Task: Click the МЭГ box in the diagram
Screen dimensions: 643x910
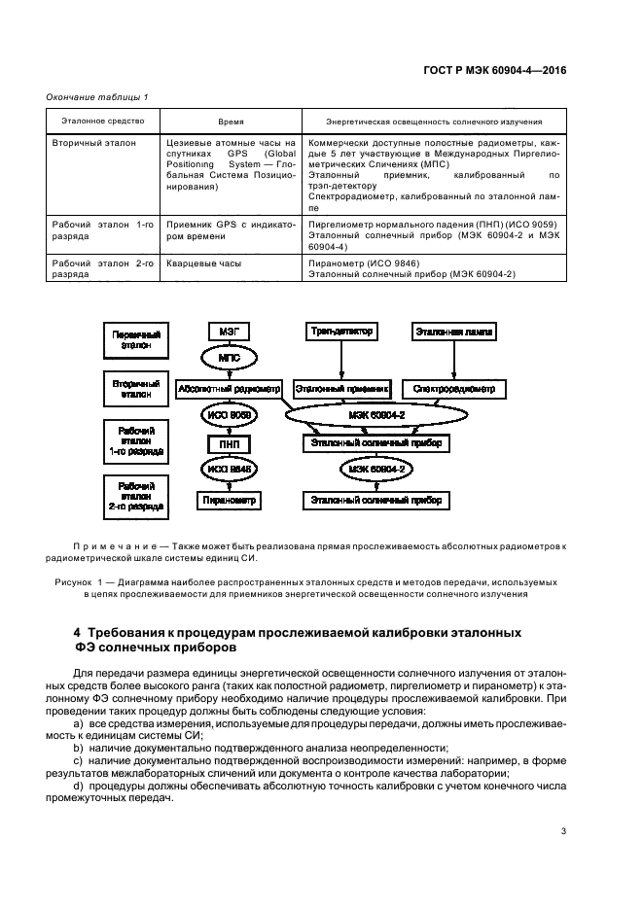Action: [230, 332]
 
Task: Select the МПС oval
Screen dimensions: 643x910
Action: [230, 358]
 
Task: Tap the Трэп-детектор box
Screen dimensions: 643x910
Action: [342, 332]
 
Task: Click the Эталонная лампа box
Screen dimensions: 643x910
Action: [454, 332]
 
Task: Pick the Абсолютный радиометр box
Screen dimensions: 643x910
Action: [230, 389]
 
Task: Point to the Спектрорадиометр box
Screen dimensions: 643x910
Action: [454, 389]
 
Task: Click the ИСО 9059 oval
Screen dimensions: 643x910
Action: [230, 415]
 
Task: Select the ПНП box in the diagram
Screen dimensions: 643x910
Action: [230, 444]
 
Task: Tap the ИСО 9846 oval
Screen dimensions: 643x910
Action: [230, 470]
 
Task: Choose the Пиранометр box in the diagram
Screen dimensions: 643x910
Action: [230, 500]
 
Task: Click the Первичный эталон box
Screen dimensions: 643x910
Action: [136, 340]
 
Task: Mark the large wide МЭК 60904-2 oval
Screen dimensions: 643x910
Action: [376, 415]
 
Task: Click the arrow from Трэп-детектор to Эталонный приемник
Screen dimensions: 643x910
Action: [342, 361]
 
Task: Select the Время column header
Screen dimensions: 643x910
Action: [231, 122]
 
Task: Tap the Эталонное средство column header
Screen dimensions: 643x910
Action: [103, 122]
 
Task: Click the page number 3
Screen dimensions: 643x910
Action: [563, 831]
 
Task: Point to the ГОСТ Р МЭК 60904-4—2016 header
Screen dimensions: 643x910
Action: [495, 70]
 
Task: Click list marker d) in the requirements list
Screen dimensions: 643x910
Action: [79, 787]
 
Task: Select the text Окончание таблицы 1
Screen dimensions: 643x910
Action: [97, 97]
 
